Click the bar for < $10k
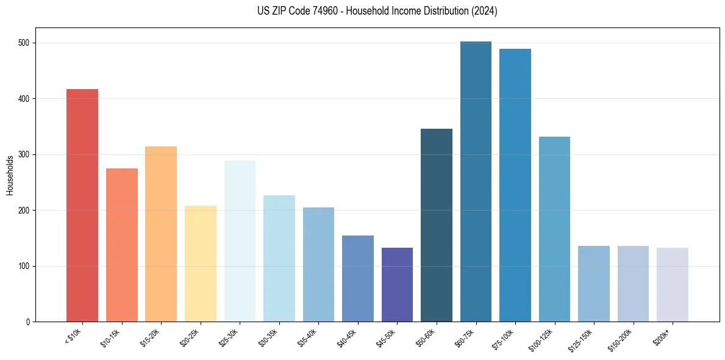82,206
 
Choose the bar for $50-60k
437,225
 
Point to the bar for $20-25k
201,264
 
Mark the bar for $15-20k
161,234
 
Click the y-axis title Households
10,175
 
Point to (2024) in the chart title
485,11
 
